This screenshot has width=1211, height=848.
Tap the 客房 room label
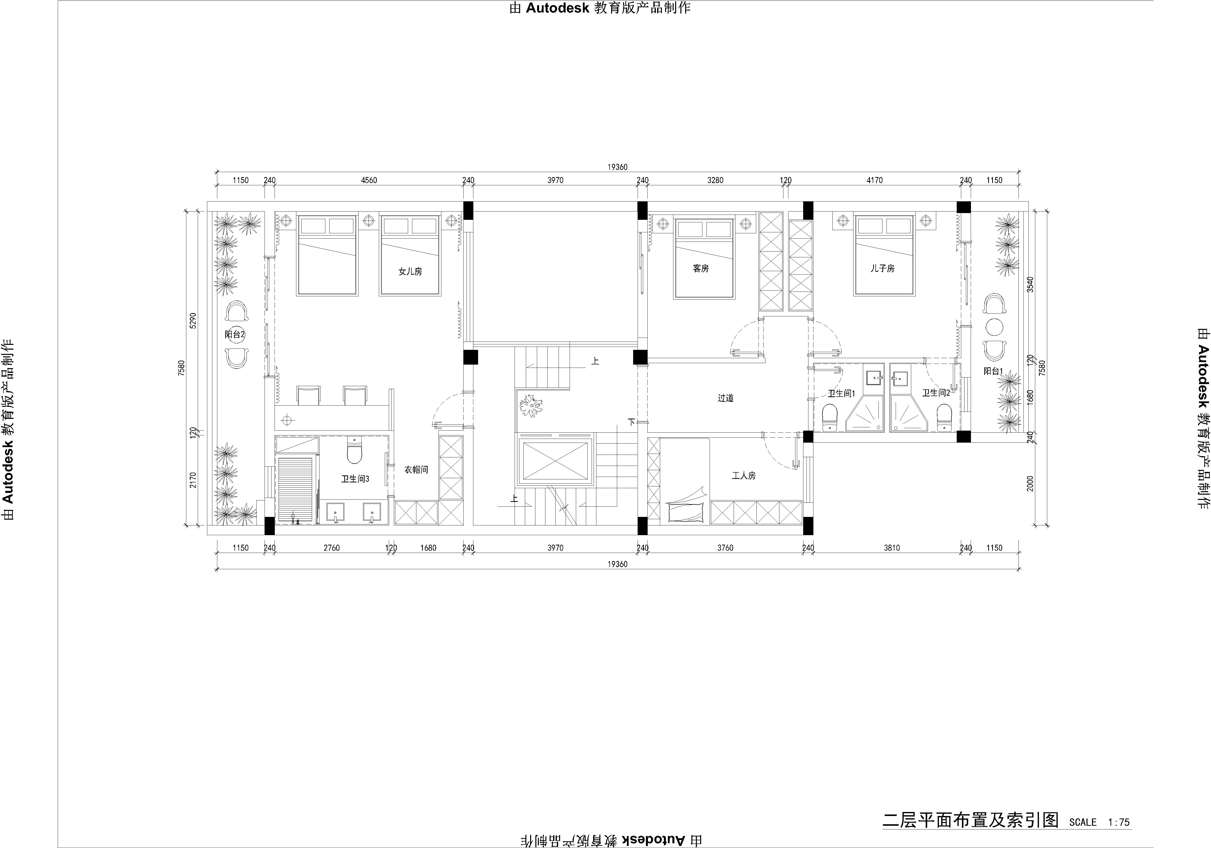point(701,268)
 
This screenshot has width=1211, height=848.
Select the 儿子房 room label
point(882,268)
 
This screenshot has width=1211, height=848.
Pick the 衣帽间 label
point(416,469)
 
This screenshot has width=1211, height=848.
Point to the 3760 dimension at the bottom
point(725,548)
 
